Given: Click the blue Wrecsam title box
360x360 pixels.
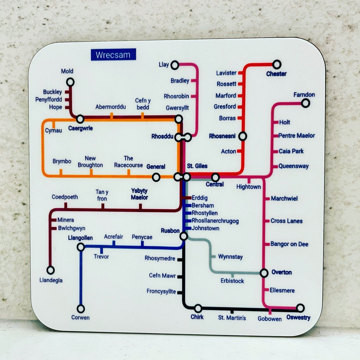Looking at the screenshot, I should (113, 54).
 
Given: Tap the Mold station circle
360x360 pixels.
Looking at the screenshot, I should (70, 82).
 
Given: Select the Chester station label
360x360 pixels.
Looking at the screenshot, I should (276, 74).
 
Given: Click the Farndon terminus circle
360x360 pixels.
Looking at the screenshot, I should (306, 103).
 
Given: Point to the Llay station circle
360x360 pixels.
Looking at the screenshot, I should (175, 65).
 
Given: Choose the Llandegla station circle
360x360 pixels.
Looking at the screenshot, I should (51, 270).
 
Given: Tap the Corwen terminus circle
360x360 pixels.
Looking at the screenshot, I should (81, 309).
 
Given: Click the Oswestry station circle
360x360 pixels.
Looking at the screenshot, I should (300, 308).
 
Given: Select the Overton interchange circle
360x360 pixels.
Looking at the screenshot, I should (264, 273).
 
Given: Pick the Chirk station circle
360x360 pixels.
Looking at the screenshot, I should (198, 308).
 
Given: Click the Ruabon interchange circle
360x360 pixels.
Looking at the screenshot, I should (184, 236).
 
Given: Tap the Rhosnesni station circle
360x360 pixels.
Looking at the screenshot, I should (242, 136).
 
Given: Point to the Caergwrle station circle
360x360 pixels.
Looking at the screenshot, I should (80, 119).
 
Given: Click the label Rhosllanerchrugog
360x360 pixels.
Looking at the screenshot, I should (215, 221).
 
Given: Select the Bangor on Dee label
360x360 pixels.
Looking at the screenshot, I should (289, 244).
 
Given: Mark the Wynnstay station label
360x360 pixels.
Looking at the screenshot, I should (230, 257).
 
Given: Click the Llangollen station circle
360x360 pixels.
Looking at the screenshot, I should (81, 247).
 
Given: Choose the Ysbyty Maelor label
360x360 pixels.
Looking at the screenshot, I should (140, 194).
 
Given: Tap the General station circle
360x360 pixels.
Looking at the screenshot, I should (156, 178).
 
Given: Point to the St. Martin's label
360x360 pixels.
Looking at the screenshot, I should (232, 318).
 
